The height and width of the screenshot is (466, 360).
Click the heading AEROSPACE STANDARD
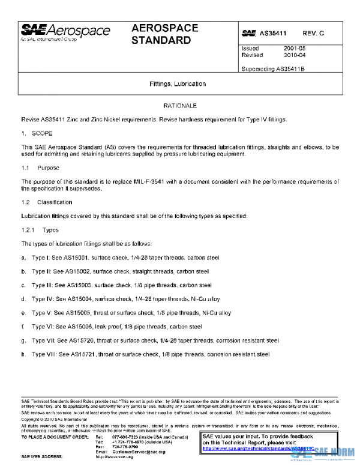[161, 35]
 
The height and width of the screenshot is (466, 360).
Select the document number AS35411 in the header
[272, 34]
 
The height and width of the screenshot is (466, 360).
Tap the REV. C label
[313, 34]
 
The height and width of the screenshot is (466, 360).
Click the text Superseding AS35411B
[273, 68]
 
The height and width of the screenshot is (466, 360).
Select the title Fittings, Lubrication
[178, 84]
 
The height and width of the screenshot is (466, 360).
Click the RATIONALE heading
[180, 106]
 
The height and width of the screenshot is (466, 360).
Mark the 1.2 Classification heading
[42, 202]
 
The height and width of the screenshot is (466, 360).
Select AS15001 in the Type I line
[80, 258]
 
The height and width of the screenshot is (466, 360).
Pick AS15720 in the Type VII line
[82, 340]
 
